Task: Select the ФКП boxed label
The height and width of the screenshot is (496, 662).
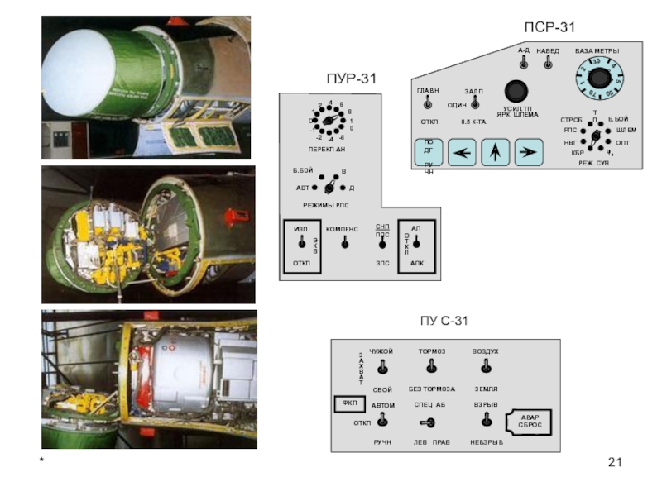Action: [348, 404]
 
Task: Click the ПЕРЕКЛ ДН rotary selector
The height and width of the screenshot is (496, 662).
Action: [329, 122]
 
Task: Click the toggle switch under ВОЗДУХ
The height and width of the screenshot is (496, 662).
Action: [486, 369]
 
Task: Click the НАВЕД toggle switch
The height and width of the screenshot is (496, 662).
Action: [548, 63]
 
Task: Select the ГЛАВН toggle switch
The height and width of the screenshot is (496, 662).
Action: [427, 103]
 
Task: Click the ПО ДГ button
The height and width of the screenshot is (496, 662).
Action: [428, 151]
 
